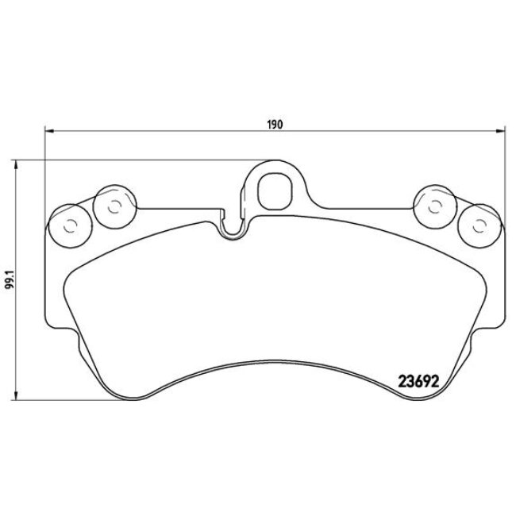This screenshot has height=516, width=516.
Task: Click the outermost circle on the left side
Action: (x=67, y=226)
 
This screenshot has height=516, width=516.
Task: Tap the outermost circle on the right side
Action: (x=479, y=227)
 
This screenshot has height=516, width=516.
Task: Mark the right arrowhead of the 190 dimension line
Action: (x=500, y=131)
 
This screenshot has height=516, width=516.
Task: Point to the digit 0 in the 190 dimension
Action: (x=280, y=124)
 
